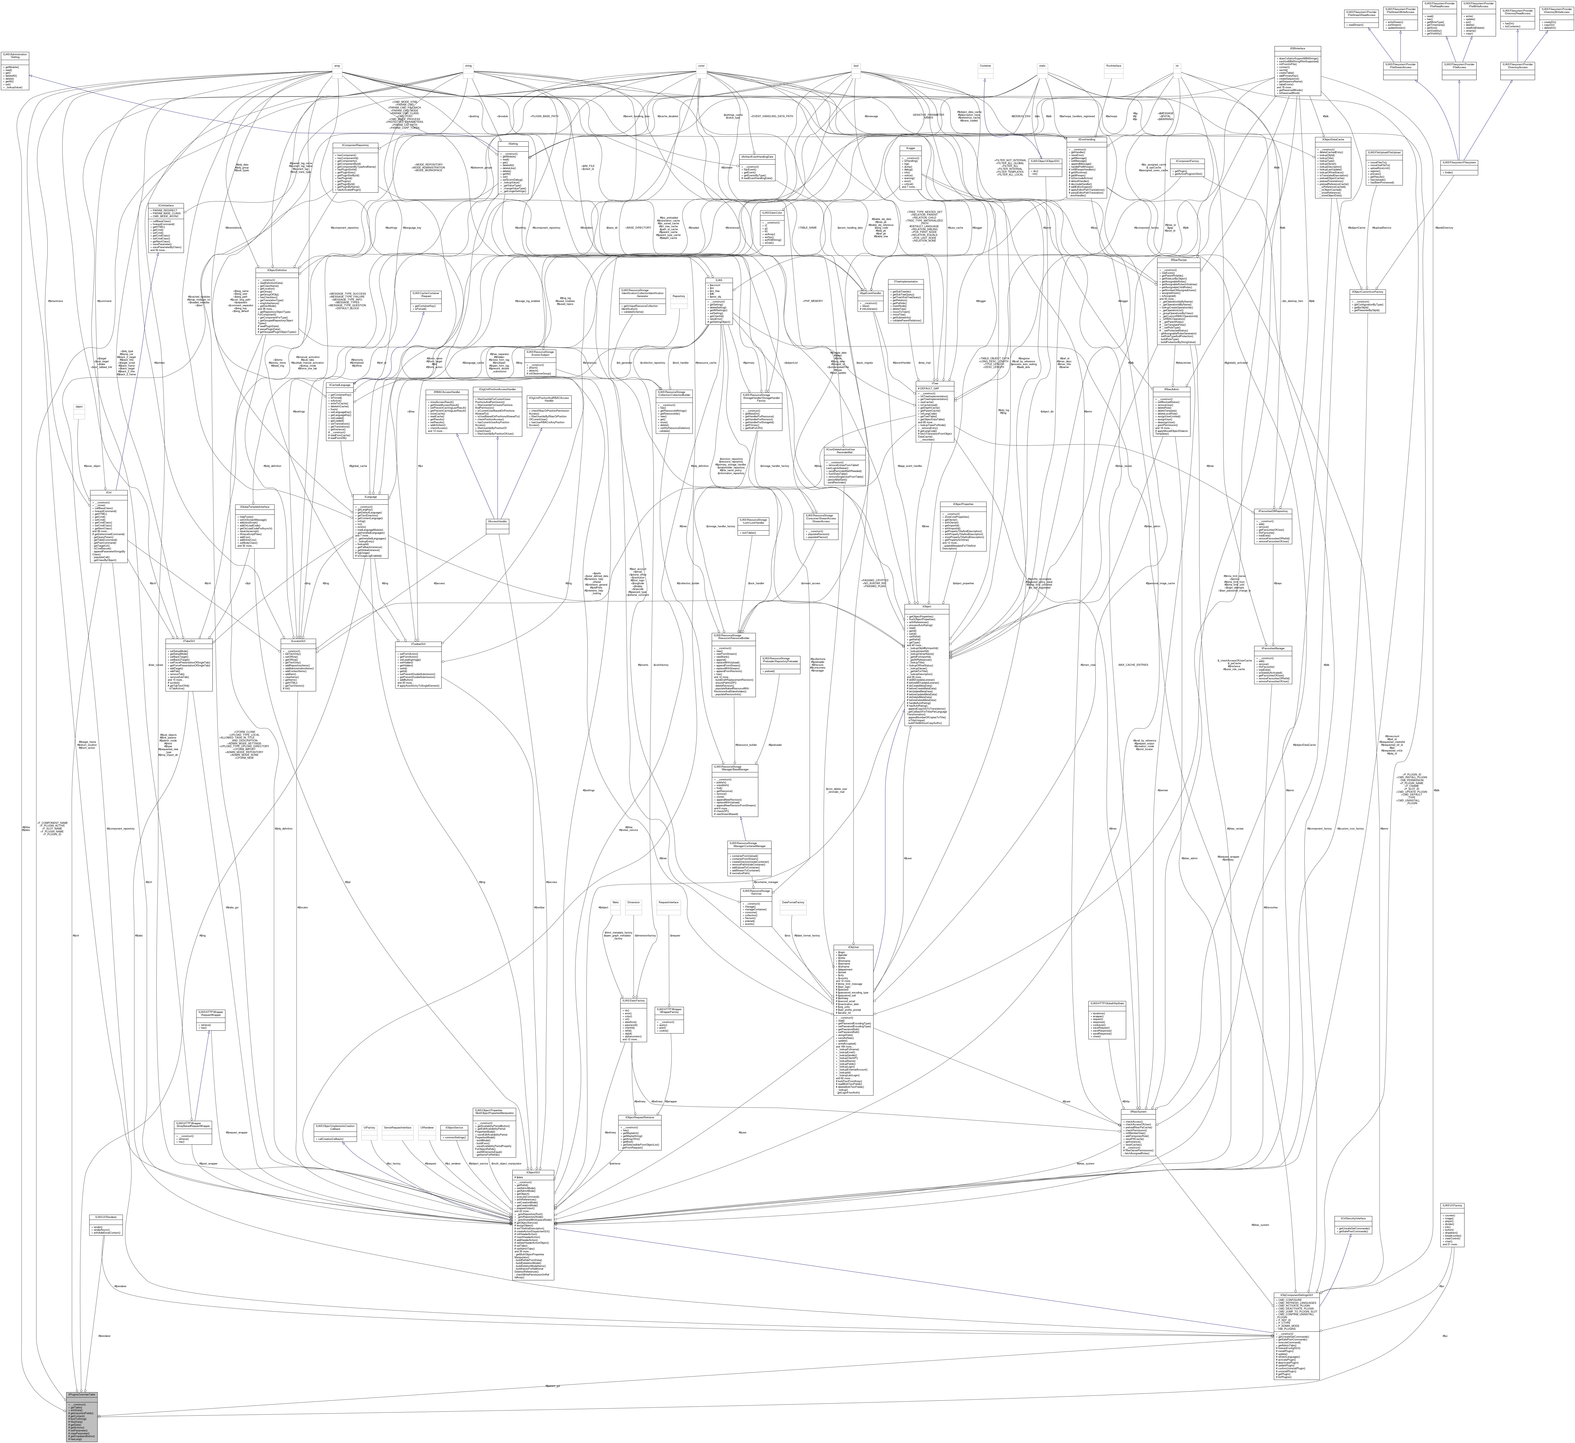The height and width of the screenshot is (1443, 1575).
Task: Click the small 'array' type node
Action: pyautogui.click(x=338, y=66)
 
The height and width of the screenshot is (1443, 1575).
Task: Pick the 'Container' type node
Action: pyautogui.click(x=986, y=66)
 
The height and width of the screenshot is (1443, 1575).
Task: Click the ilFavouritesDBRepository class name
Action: pyautogui.click(x=1273, y=511)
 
